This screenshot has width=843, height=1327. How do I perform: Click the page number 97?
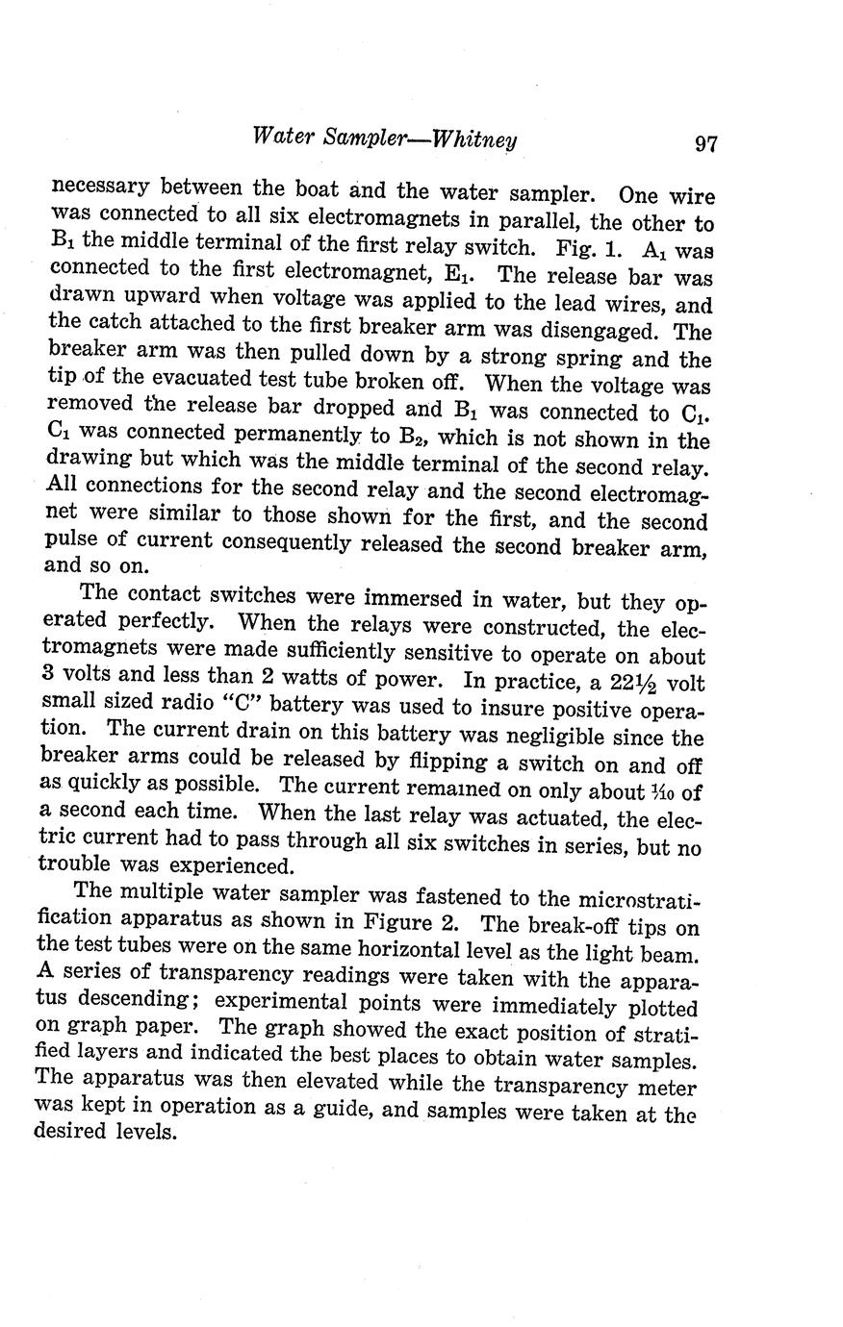pos(705,145)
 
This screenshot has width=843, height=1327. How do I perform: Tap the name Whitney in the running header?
pos(475,138)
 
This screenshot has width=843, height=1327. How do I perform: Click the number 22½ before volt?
pos(632,686)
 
